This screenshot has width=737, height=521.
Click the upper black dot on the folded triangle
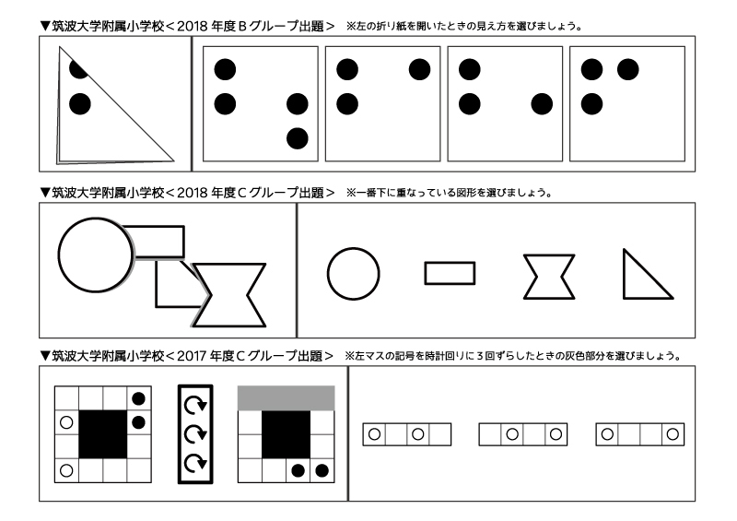click(78, 68)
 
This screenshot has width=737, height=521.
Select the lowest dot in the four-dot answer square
click(297, 138)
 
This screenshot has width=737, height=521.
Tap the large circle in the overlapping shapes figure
click(96, 253)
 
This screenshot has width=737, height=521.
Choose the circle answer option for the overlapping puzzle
click(353, 274)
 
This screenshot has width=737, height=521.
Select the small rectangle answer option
click(450, 273)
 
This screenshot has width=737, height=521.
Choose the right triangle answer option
click(642, 278)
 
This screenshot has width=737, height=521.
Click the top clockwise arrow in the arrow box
click(194, 405)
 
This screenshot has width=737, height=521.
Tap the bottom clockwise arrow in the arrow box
click(194, 462)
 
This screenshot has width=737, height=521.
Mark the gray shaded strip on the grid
click(286, 397)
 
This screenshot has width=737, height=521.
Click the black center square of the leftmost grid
click(102, 433)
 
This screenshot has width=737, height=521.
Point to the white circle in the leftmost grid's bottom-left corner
click(65, 470)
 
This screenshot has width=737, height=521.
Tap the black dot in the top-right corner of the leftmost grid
click(138, 398)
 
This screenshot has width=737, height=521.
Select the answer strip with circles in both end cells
click(640, 433)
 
